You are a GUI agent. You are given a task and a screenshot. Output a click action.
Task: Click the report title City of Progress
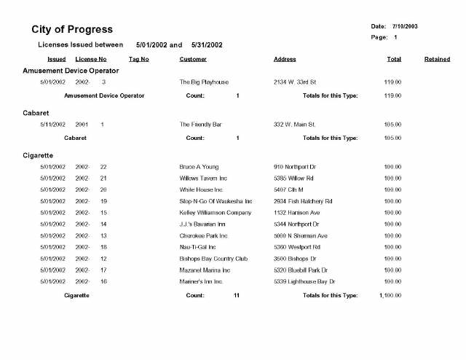click(72, 30)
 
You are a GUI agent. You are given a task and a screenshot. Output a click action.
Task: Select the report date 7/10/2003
click(404, 26)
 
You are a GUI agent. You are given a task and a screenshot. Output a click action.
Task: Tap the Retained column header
click(437, 59)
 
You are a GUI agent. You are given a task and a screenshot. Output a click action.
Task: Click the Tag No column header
click(138, 59)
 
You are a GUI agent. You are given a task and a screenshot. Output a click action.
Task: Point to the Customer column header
click(193, 59)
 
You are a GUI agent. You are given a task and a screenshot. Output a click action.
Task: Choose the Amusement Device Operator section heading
click(71, 71)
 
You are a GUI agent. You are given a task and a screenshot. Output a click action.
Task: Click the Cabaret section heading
click(36, 113)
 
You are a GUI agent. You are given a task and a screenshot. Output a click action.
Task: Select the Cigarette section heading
click(38, 155)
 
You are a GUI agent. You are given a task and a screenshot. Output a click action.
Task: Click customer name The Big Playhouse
click(204, 82)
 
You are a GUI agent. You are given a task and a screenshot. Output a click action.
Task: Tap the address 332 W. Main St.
click(294, 125)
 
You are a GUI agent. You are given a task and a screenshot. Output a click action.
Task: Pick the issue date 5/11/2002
click(53, 125)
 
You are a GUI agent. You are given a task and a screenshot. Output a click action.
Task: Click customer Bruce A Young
click(199, 167)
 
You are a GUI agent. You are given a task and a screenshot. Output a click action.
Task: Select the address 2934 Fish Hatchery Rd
click(303, 201)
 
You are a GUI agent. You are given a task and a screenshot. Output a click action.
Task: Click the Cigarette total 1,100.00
click(390, 295)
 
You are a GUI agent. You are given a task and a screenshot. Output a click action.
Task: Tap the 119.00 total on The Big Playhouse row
click(392, 82)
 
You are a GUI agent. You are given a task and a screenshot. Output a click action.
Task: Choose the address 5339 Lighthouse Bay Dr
click(304, 281)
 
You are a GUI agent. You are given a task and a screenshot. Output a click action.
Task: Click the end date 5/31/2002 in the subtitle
click(207, 45)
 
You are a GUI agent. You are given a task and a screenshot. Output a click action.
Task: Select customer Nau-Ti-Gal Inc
click(201, 247)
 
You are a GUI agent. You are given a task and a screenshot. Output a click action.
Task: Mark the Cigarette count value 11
click(237, 295)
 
